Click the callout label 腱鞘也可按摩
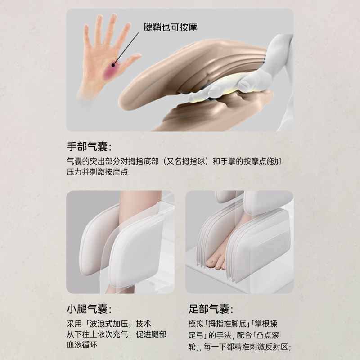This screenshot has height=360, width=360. (x=170, y=27)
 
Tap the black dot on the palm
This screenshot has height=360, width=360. (x=113, y=65)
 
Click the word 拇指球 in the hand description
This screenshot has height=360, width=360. (x=193, y=162)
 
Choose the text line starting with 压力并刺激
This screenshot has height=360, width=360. (x=97, y=172)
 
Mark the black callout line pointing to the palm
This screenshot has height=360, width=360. (x=126, y=48)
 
